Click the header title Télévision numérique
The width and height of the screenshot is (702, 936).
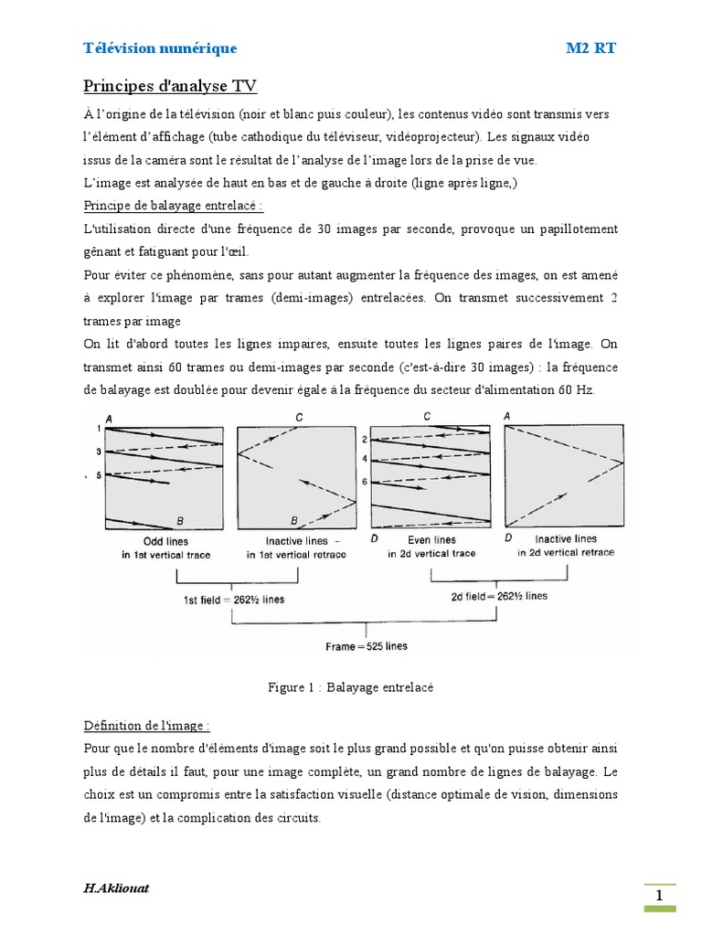tap(160, 48)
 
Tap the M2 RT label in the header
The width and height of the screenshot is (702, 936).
tap(590, 48)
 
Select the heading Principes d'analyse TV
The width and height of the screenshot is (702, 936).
tap(170, 86)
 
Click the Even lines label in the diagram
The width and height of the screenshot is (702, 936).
tap(431, 540)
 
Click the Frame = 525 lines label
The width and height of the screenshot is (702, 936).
tap(367, 646)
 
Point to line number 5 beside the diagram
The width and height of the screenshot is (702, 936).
tap(98, 475)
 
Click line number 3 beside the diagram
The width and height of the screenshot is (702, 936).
tap(98, 452)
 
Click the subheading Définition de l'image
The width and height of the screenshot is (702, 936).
tap(146, 727)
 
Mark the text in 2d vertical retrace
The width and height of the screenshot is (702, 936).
tap(566, 553)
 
